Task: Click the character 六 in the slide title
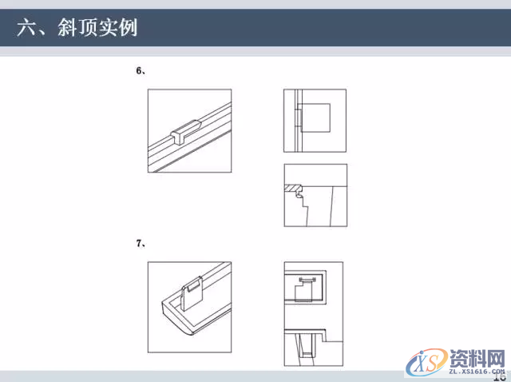click(26, 29)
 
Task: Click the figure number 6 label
click(139, 71)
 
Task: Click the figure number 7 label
click(139, 243)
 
